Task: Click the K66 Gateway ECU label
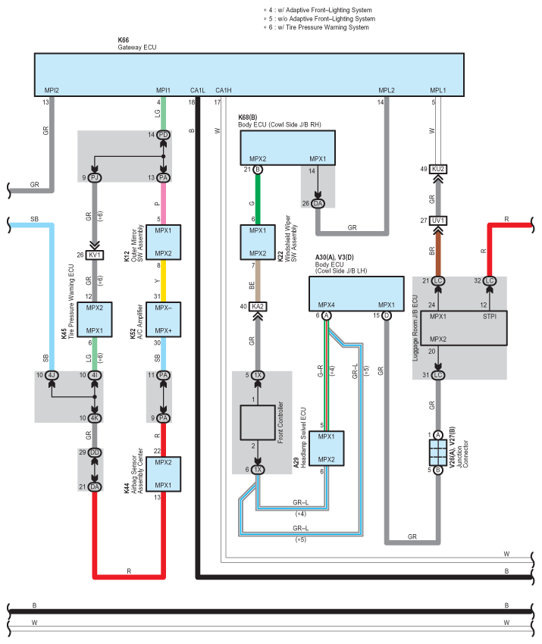[137, 43]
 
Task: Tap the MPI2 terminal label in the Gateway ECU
[52, 90]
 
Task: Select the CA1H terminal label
[224, 90]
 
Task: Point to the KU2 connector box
[438, 169]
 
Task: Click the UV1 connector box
[438, 220]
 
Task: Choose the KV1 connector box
[95, 255]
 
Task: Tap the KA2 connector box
[258, 306]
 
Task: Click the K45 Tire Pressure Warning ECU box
[95, 320]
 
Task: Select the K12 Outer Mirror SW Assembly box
[163, 242]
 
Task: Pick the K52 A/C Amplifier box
[163, 320]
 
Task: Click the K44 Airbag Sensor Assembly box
[163, 474]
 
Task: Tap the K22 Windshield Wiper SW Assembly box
[258, 242]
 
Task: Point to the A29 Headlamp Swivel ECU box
[326, 448]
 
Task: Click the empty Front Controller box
[258, 423]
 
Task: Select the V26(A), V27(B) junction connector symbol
[438, 452]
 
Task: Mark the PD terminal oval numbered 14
[163, 135]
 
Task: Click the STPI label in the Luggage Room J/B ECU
[490, 316]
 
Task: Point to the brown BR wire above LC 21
[438, 251]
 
